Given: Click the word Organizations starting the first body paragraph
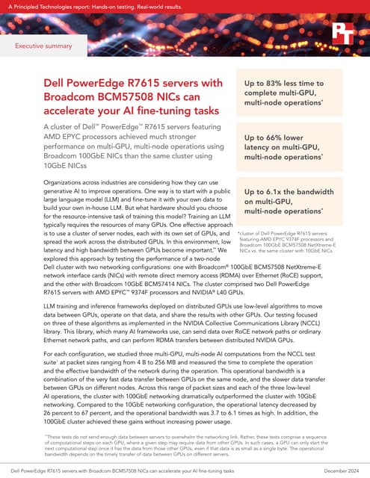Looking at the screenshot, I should (37, 182).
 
